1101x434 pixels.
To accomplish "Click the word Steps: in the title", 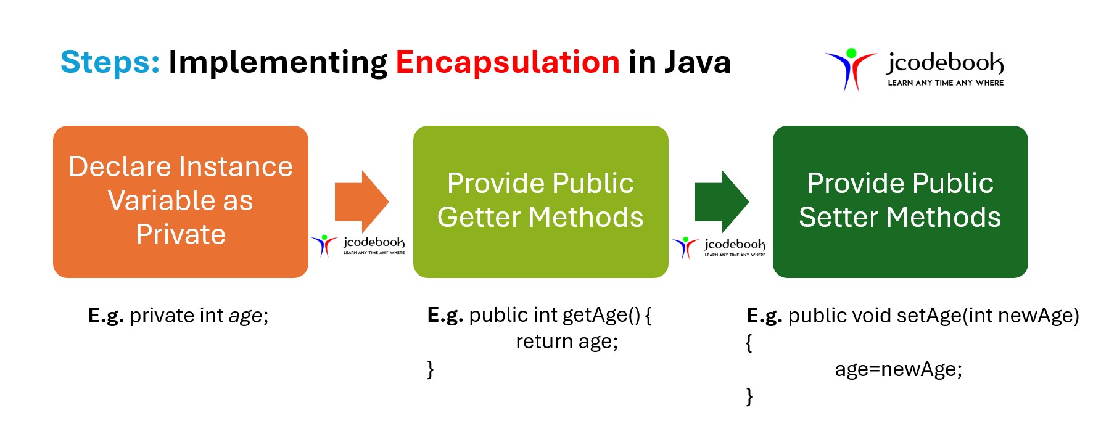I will click(110, 62).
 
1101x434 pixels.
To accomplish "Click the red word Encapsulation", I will click(507, 62).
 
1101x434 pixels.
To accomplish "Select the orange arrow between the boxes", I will click(361, 202).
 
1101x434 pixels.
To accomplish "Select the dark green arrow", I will click(721, 202).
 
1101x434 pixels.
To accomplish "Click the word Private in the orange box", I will click(181, 234).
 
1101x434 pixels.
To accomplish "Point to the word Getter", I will click(479, 217).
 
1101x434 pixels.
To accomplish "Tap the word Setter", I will click(839, 217).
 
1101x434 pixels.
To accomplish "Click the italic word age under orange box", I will click(245, 316).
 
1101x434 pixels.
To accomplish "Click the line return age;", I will click(566, 342).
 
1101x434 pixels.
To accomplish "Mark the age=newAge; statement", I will click(898, 369).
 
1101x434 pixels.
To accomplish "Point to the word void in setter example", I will click(872, 316).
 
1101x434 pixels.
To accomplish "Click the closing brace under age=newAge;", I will click(749, 396).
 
